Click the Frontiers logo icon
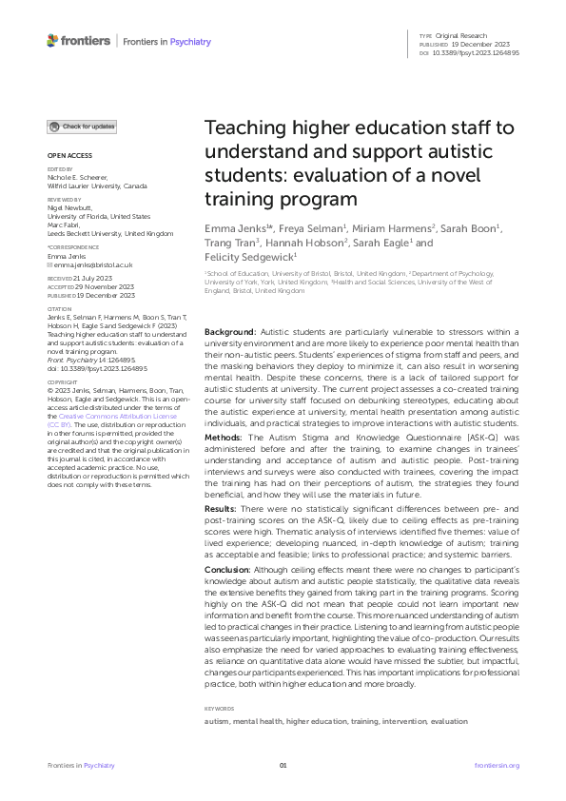click(53, 41)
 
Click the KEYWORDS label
click(220, 709)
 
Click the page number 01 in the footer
click(283, 765)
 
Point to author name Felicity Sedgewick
click(248, 256)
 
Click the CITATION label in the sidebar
click(59, 308)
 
